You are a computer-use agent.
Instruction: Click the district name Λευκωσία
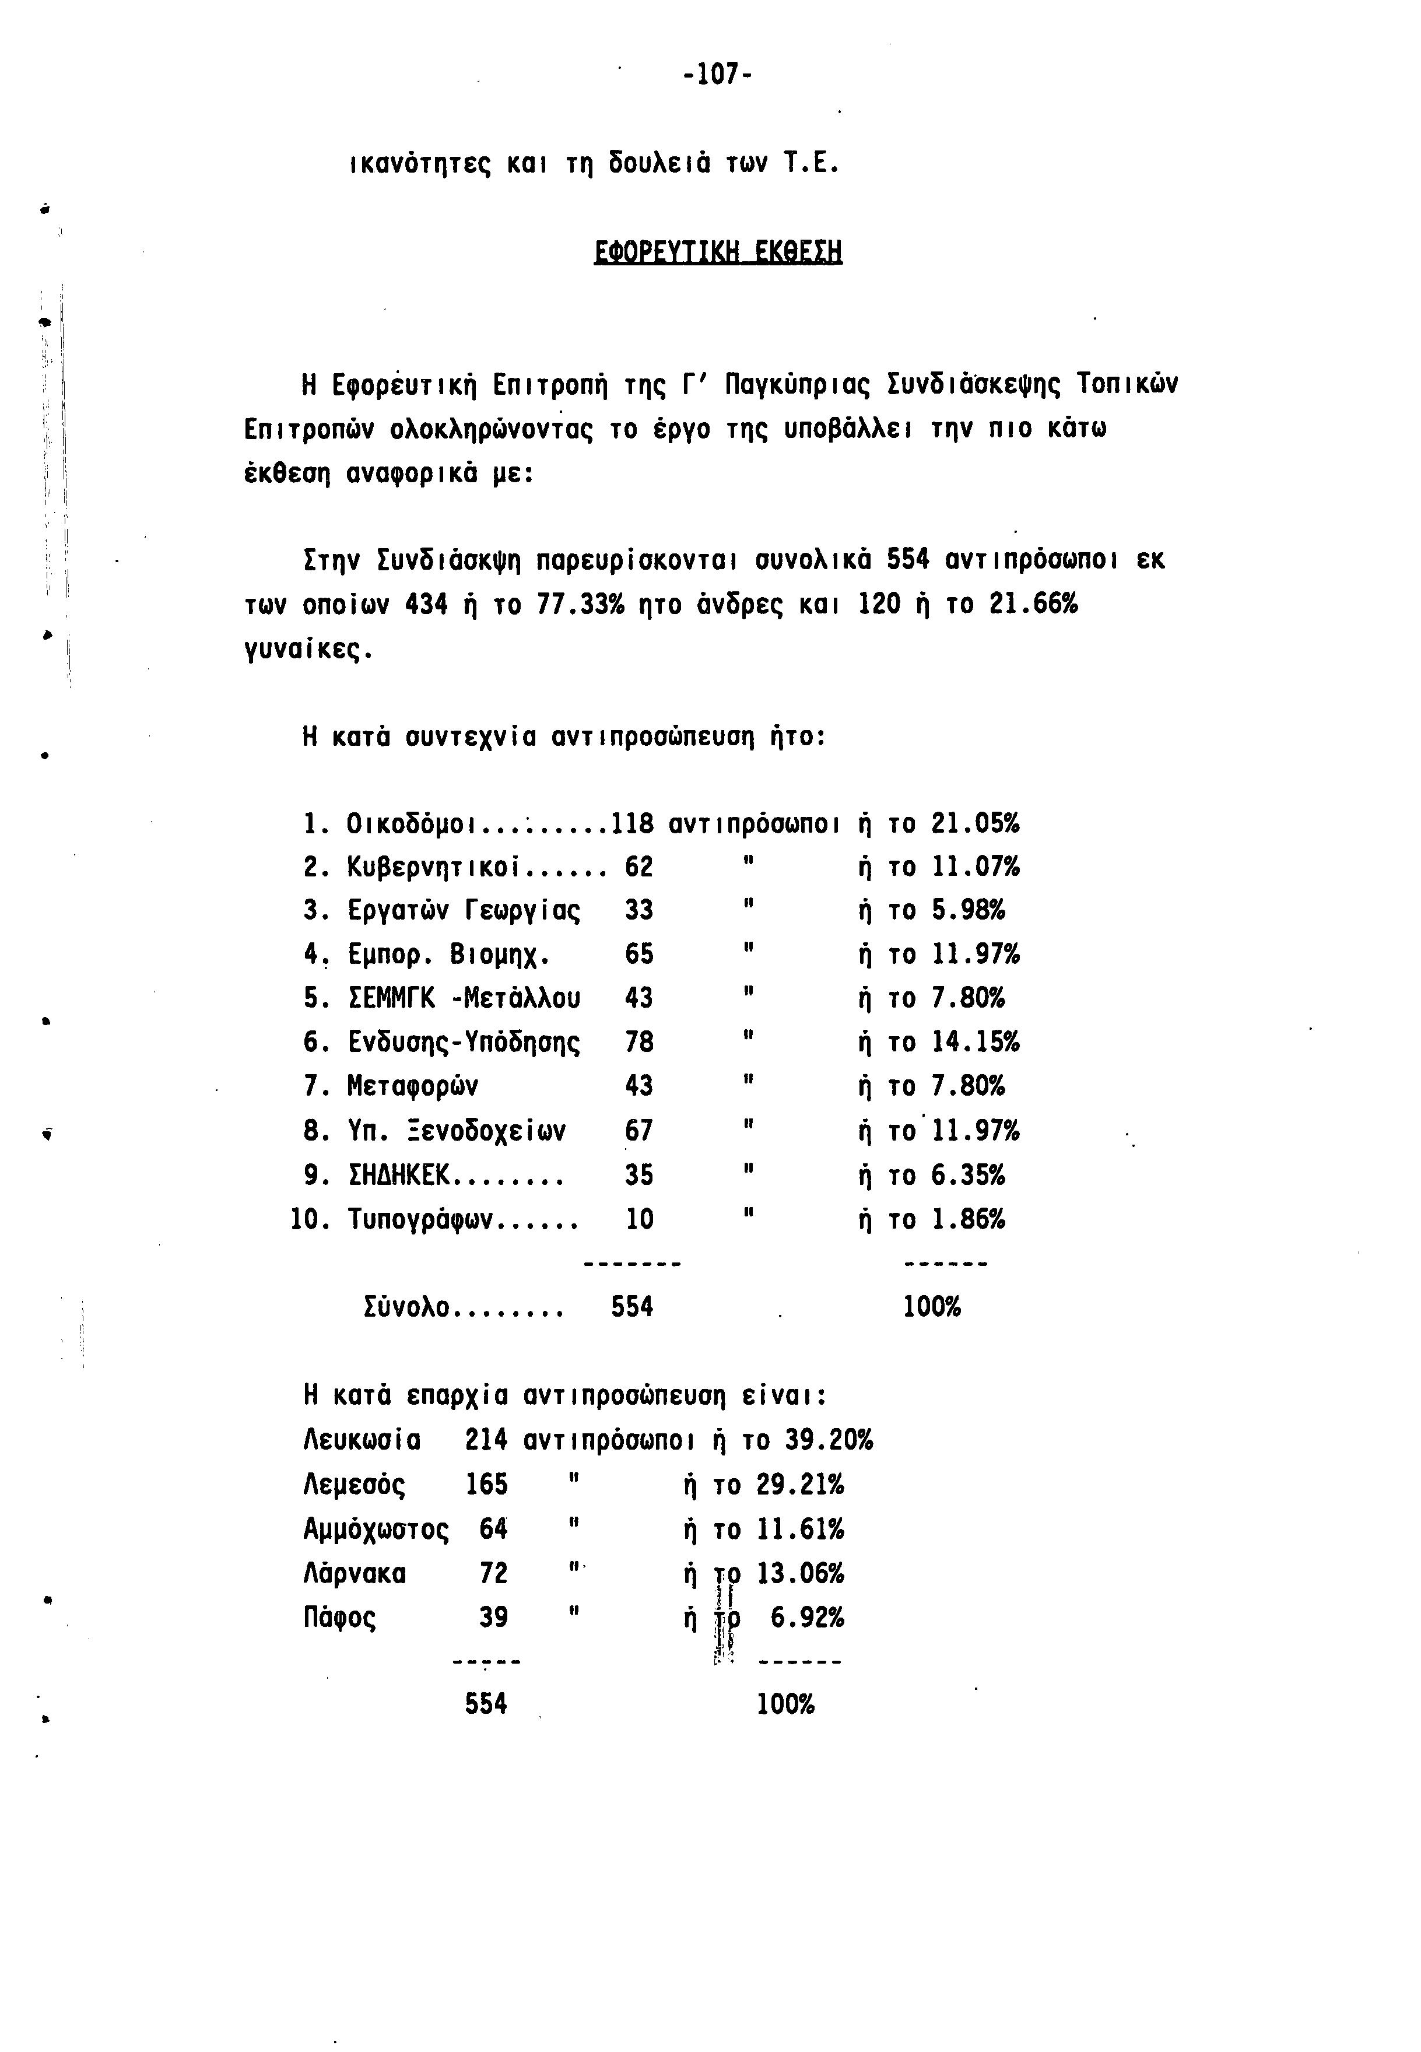coord(362,1440)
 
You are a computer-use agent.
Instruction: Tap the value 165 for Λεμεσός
coord(487,1484)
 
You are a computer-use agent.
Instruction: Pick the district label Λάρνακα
coord(355,1574)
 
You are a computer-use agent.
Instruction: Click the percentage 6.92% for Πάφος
coord(806,1618)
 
